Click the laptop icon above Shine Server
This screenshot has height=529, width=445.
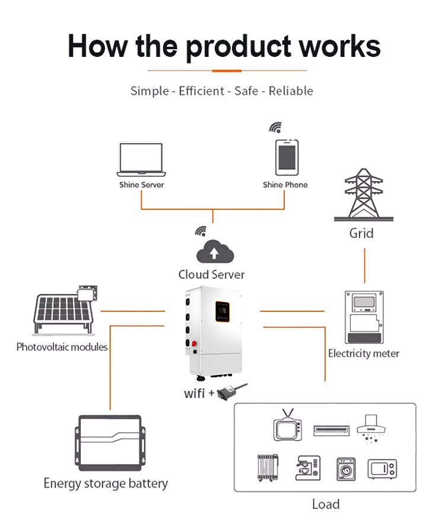(x=141, y=160)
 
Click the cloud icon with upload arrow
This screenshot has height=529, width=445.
(x=215, y=252)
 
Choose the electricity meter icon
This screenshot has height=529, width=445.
(x=364, y=317)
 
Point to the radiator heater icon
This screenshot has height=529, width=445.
(x=268, y=468)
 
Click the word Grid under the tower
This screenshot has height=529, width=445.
(x=361, y=233)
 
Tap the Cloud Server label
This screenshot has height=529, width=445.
(x=211, y=275)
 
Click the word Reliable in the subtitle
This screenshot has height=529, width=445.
(x=291, y=91)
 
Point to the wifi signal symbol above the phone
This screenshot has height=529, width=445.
(x=275, y=128)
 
